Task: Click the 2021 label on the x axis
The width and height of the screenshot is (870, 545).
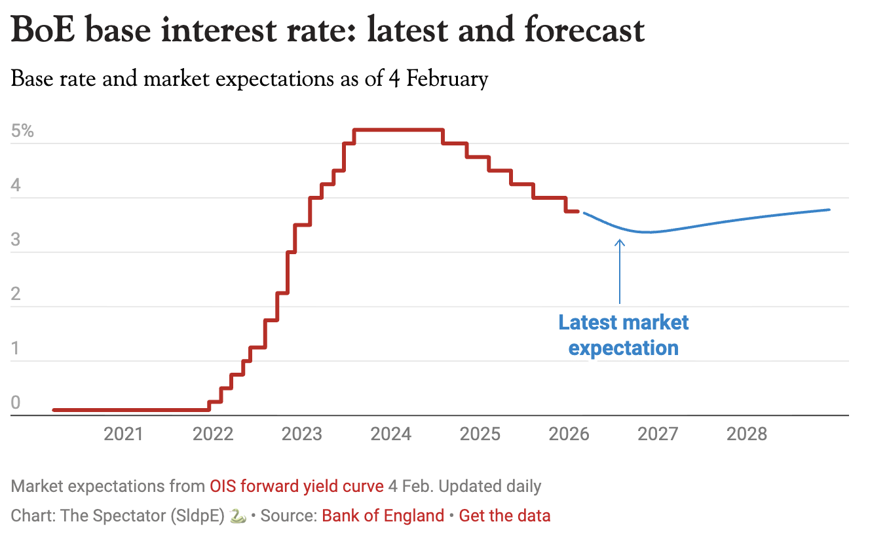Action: tap(124, 434)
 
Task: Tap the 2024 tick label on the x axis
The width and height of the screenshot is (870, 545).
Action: tap(390, 434)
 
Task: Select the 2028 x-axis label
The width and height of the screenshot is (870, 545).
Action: tap(747, 434)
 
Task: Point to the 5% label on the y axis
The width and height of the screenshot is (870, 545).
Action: tap(22, 130)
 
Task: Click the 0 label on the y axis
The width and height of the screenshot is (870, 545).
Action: tap(16, 403)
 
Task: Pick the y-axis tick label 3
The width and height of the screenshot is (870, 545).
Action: tap(16, 240)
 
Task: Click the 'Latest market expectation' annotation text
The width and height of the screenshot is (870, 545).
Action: tap(623, 335)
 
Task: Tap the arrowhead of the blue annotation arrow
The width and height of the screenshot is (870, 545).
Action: tap(619, 242)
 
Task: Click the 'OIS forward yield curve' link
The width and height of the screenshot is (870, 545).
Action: tap(296, 487)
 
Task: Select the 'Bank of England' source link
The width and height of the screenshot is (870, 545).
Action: tap(383, 516)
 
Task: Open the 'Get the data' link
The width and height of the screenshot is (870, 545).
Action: tap(504, 516)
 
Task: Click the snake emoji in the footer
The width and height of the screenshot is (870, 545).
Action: tap(238, 516)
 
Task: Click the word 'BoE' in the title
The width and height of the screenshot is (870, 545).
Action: tap(45, 31)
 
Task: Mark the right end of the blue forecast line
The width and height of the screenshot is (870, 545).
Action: tap(829, 210)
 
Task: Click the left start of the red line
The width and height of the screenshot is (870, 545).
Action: tap(54, 410)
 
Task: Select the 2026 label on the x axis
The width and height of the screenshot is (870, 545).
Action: tap(569, 434)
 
